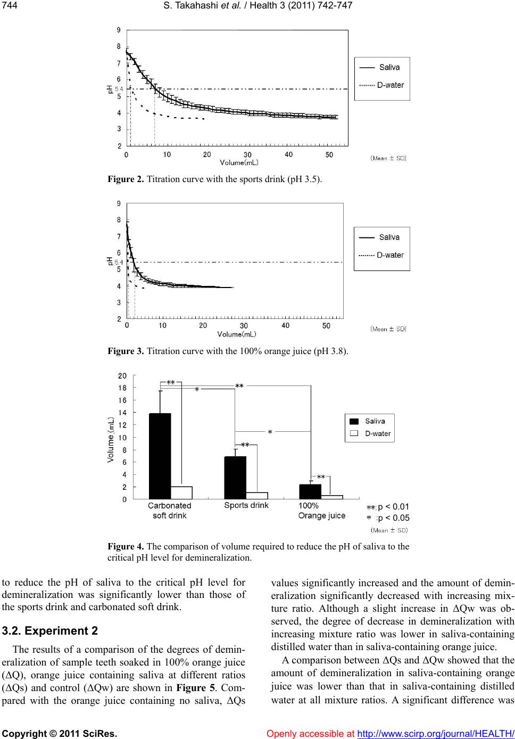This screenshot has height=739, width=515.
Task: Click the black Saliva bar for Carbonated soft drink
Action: (x=160, y=456)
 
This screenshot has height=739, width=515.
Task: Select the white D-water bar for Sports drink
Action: (x=257, y=496)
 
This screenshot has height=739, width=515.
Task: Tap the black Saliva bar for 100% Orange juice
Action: (x=310, y=491)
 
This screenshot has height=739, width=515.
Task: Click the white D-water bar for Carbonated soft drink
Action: (x=182, y=492)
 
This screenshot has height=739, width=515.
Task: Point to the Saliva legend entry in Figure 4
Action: (x=375, y=421)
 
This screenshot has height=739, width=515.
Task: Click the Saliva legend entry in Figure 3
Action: (x=389, y=237)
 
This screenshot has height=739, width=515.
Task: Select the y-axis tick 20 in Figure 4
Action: (x=122, y=375)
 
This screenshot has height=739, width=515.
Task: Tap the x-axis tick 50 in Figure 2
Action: (x=329, y=154)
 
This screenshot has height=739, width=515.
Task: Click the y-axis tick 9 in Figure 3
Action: (x=118, y=203)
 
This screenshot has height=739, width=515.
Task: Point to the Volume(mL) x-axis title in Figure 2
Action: (x=239, y=162)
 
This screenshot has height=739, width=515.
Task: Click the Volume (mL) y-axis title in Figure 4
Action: (x=111, y=439)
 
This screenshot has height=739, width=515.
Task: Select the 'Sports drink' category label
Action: (x=246, y=505)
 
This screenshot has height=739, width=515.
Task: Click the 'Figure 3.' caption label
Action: (x=126, y=351)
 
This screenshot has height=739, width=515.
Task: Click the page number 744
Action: (x=9, y=5)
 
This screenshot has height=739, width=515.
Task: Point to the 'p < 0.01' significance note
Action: (x=393, y=506)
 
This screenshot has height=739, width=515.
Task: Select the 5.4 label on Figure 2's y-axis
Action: (x=119, y=89)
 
